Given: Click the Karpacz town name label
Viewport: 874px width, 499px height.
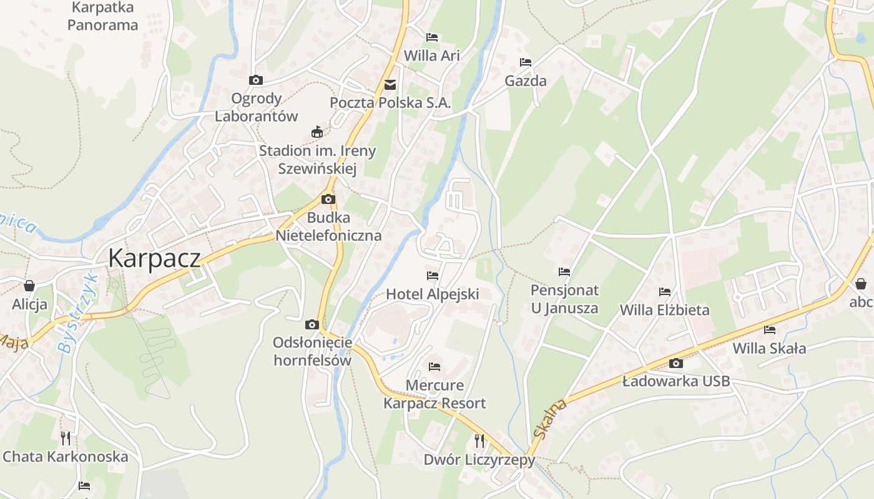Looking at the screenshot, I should pos(154,258).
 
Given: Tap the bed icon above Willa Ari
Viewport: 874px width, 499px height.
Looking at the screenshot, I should pos(432,37).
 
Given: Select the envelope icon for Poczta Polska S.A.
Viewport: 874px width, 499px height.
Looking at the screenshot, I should pos(390,84).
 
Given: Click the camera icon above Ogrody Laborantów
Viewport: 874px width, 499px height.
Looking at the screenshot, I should pos(255,80).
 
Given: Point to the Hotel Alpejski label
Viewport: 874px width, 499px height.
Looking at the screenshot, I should pos(433,294).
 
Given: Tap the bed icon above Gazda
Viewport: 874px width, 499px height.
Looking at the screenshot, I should pos(526,62).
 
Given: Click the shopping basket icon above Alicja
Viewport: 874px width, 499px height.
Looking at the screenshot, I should pos(29,286).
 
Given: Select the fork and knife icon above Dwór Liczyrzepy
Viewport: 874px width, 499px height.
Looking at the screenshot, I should pos(479,441).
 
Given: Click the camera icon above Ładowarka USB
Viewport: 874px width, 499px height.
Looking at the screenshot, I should pos(675,363).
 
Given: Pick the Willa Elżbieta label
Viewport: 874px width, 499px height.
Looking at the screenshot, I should pos(664,310).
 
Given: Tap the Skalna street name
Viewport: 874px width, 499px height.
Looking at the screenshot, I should pos(551,419).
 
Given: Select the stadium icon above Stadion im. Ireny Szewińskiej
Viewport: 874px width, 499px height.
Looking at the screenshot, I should pos(317,132).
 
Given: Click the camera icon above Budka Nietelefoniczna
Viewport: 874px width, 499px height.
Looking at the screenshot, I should pos(328,200).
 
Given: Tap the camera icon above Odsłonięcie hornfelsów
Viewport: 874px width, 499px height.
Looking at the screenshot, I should pos(312,324).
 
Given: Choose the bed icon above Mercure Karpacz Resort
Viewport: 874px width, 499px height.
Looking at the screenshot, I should pos(435,366).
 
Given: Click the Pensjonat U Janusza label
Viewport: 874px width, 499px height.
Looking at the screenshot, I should pos(564,299).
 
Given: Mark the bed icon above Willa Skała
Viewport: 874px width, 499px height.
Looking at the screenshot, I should pos(770,329).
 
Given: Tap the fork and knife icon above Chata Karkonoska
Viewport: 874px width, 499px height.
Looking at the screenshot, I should pos(66,438).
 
